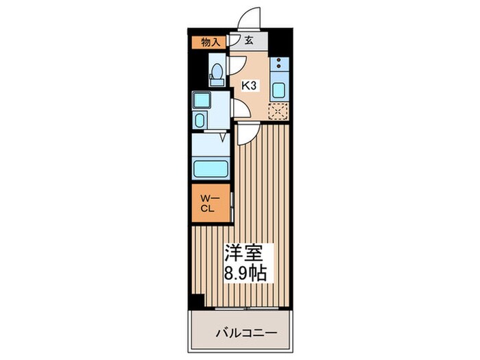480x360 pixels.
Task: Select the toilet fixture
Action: click(x=217, y=73)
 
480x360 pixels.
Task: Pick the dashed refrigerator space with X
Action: click(x=278, y=111)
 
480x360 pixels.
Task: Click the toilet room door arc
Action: click(x=237, y=67)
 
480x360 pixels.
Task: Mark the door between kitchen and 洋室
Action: click(x=248, y=134)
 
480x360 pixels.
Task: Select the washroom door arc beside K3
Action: click(x=240, y=109)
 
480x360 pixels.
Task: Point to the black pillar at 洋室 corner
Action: click(x=197, y=300)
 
